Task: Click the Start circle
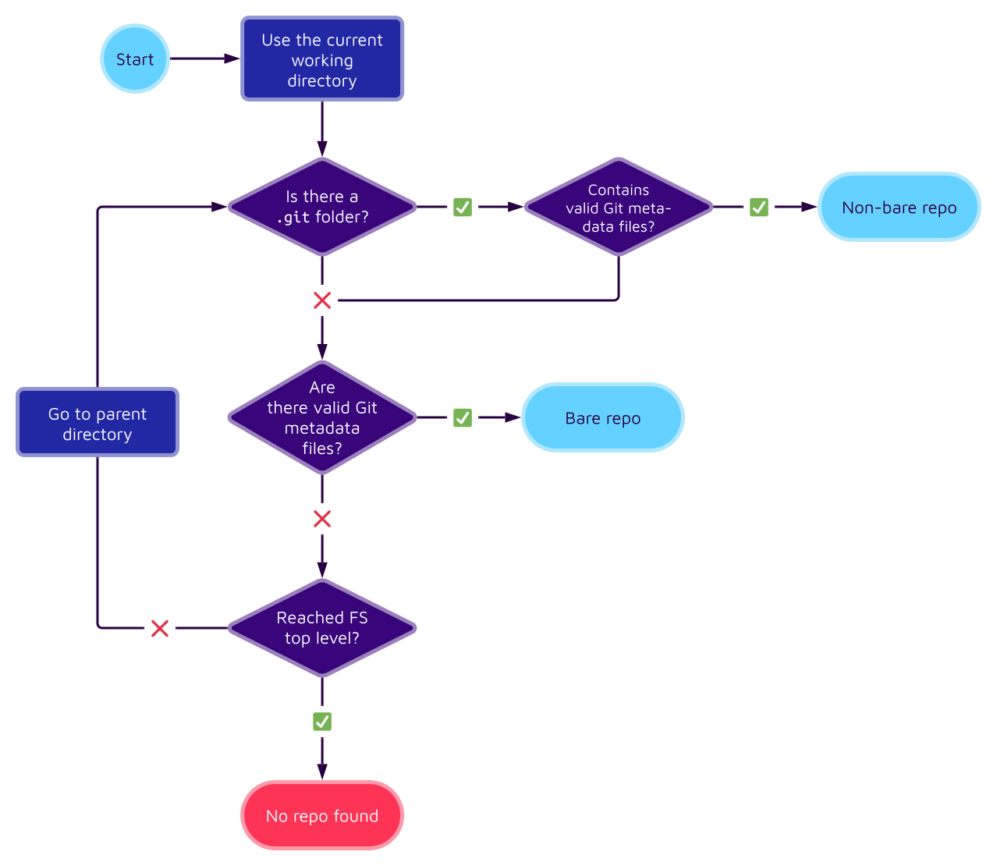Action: tap(135, 59)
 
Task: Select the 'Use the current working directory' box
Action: tap(322, 59)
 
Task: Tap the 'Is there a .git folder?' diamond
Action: tap(322, 207)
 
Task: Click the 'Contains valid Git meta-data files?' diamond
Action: tap(619, 208)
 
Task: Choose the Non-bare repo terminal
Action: tap(899, 208)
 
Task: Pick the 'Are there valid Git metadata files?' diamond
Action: tap(322, 417)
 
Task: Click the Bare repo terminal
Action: tap(603, 418)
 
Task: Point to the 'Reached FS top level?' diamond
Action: tap(322, 628)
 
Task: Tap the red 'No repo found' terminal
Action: tap(322, 815)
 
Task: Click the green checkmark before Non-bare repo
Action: tap(759, 207)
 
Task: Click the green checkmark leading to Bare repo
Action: tap(463, 417)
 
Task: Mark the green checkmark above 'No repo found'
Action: tap(322, 722)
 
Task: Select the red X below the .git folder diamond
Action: tap(322, 300)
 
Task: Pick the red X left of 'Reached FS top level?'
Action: tap(160, 628)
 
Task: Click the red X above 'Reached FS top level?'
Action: tap(322, 519)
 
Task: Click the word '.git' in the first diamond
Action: tap(294, 218)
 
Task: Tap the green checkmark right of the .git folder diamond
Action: tap(463, 207)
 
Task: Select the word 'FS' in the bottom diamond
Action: tap(358, 618)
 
